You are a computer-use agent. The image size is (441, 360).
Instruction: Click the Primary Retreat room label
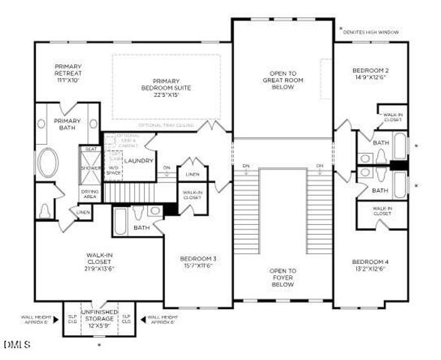coord(67,73)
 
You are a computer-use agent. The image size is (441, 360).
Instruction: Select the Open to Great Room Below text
coord(283,79)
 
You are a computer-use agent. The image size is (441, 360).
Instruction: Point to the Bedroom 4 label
coord(369,266)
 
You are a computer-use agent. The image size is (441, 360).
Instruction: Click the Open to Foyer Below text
coord(283,277)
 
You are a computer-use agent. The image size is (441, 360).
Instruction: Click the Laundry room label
coord(139,161)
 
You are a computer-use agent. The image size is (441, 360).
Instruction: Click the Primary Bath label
coord(67,124)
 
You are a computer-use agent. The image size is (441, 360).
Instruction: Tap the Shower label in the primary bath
coord(91,167)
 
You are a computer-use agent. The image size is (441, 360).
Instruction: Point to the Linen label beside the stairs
coord(193,174)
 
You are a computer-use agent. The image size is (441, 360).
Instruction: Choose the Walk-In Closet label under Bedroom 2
coord(393,116)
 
